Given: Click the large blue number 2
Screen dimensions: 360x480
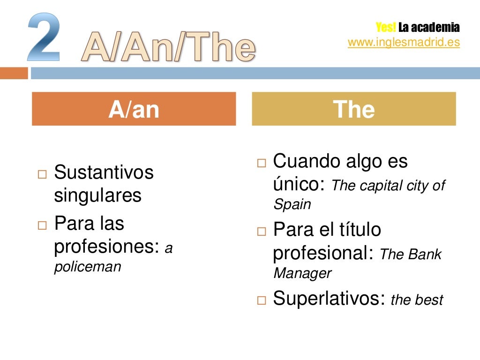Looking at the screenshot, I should [44, 37].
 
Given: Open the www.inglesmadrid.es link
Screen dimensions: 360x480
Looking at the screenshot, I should [404, 42].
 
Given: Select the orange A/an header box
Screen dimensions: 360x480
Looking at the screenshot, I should [134, 109].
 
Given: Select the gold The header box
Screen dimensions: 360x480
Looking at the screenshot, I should [354, 109].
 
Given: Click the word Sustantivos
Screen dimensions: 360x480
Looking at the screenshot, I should [104, 172].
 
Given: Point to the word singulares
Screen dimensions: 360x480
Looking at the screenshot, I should [97, 195].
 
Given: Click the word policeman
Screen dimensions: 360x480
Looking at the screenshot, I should [88, 267].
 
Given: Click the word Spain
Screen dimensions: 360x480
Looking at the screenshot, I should [292, 204].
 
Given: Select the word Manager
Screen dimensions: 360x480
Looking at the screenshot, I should [302, 273].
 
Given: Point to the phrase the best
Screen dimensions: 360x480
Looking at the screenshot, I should [417, 300].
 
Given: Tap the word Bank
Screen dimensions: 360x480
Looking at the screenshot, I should [425, 255].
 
